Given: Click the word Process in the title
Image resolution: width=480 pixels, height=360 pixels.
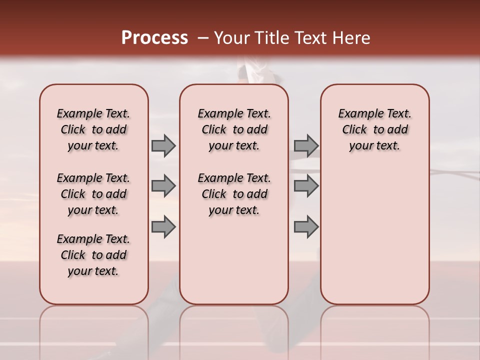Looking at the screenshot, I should click(x=154, y=38).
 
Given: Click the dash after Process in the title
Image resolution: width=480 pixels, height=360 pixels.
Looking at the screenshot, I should click(x=203, y=38).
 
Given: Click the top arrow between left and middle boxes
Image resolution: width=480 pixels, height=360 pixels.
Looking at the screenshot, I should click(x=163, y=145).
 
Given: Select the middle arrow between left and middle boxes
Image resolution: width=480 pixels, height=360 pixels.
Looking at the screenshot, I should click(x=163, y=186).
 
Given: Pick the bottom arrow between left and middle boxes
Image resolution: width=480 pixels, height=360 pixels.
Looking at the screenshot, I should click(x=163, y=227).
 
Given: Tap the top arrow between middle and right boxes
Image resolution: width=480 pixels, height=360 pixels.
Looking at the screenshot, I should click(x=306, y=145).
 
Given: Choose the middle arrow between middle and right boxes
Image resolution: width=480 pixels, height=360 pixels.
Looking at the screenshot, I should click(x=306, y=186).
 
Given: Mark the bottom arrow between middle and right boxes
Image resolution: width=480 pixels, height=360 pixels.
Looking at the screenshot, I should click(x=306, y=227).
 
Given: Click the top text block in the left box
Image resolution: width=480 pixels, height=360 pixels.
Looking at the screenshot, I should click(x=93, y=129).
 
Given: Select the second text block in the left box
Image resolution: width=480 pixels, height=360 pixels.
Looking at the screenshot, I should click(x=93, y=194).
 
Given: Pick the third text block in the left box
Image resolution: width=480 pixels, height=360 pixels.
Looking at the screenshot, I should click(x=93, y=255).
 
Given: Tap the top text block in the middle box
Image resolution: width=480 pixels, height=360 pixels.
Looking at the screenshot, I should click(x=234, y=129).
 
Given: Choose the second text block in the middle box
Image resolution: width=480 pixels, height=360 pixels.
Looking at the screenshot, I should click(x=234, y=194).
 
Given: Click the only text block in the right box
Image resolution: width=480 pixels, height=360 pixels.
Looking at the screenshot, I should click(x=375, y=129).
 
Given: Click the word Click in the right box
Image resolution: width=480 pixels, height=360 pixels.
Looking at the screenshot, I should click(x=354, y=130).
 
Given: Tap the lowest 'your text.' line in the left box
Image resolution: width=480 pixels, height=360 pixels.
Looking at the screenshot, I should click(x=93, y=271).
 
